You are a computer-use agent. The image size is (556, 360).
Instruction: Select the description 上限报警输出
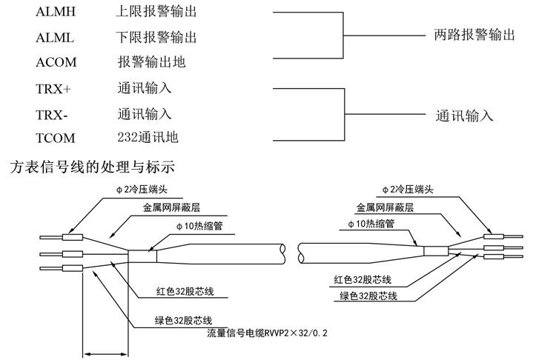tap(156, 12)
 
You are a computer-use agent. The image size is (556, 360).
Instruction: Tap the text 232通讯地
tap(148, 138)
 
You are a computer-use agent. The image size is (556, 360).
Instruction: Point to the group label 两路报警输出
tap(474, 35)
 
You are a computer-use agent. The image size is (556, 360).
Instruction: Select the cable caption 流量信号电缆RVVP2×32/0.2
tap(268, 333)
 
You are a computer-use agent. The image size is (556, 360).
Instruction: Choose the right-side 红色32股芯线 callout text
tap(363, 281)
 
